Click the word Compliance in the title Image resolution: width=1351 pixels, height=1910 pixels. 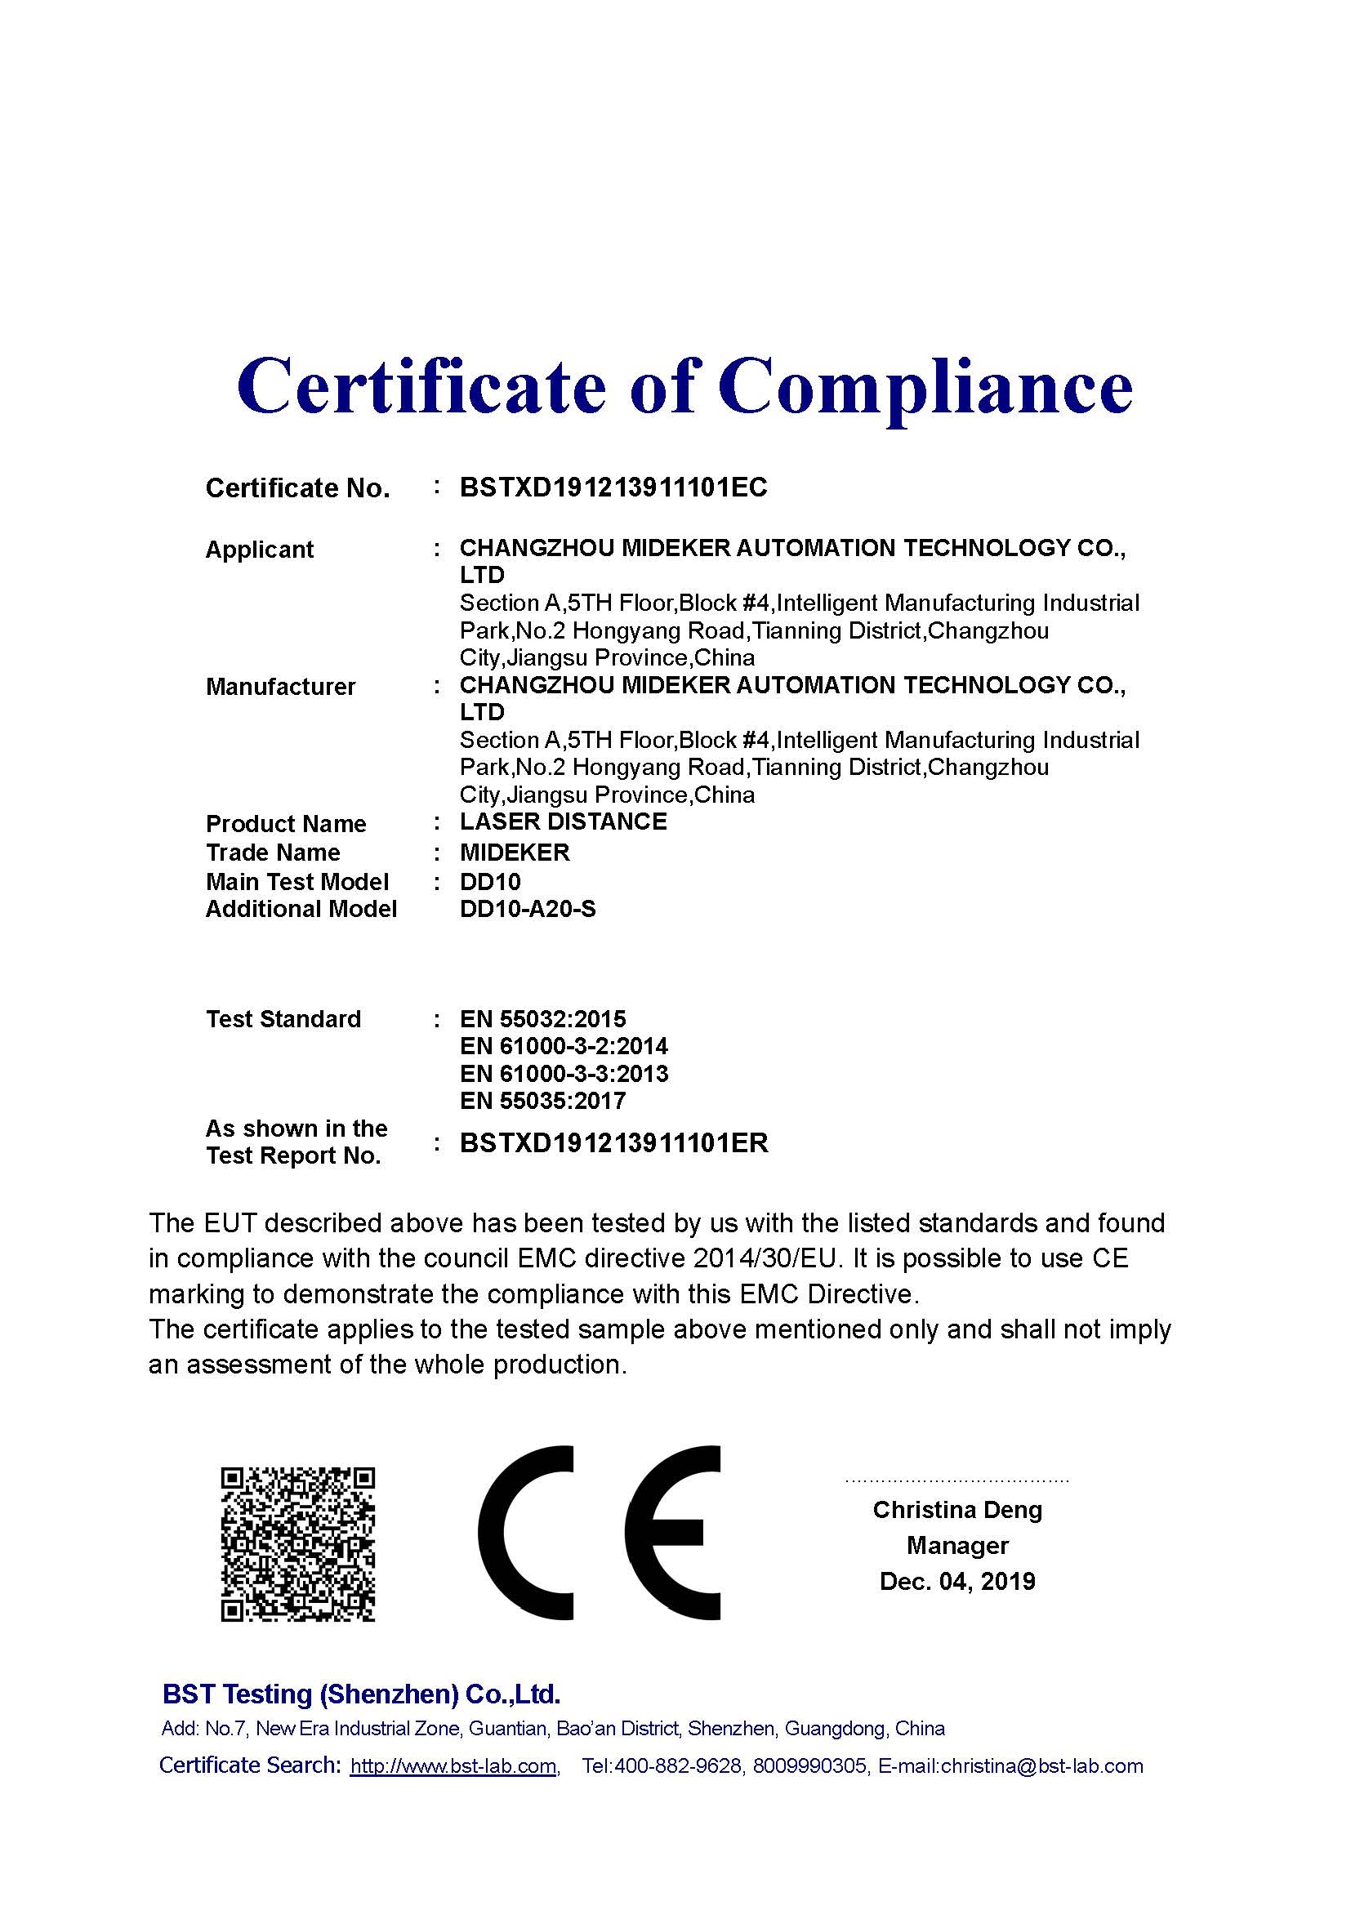point(925,388)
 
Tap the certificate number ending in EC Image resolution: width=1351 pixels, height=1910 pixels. point(613,488)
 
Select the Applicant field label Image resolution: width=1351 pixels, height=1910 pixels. point(260,550)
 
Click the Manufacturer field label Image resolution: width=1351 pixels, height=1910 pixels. point(280,687)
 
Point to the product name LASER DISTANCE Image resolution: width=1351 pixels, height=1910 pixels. point(564,822)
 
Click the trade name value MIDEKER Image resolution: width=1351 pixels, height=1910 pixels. point(515,853)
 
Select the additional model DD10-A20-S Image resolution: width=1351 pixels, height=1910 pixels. point(528,909)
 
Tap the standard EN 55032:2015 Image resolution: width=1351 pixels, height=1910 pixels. point(542,1019)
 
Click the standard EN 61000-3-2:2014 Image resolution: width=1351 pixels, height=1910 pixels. point(564,1047)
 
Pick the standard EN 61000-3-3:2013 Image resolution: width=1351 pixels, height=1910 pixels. point(564,1074)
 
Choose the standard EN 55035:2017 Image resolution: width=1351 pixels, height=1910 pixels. point(542,1102)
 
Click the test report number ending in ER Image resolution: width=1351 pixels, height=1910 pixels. point(614,1144)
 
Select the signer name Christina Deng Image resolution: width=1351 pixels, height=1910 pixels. point(956,1510)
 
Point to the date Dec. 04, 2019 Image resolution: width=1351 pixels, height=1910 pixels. point(956,1582)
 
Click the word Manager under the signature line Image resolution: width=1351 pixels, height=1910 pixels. point(956,1546)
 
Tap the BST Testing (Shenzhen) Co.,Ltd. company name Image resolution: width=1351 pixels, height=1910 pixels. point(361,1694)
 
